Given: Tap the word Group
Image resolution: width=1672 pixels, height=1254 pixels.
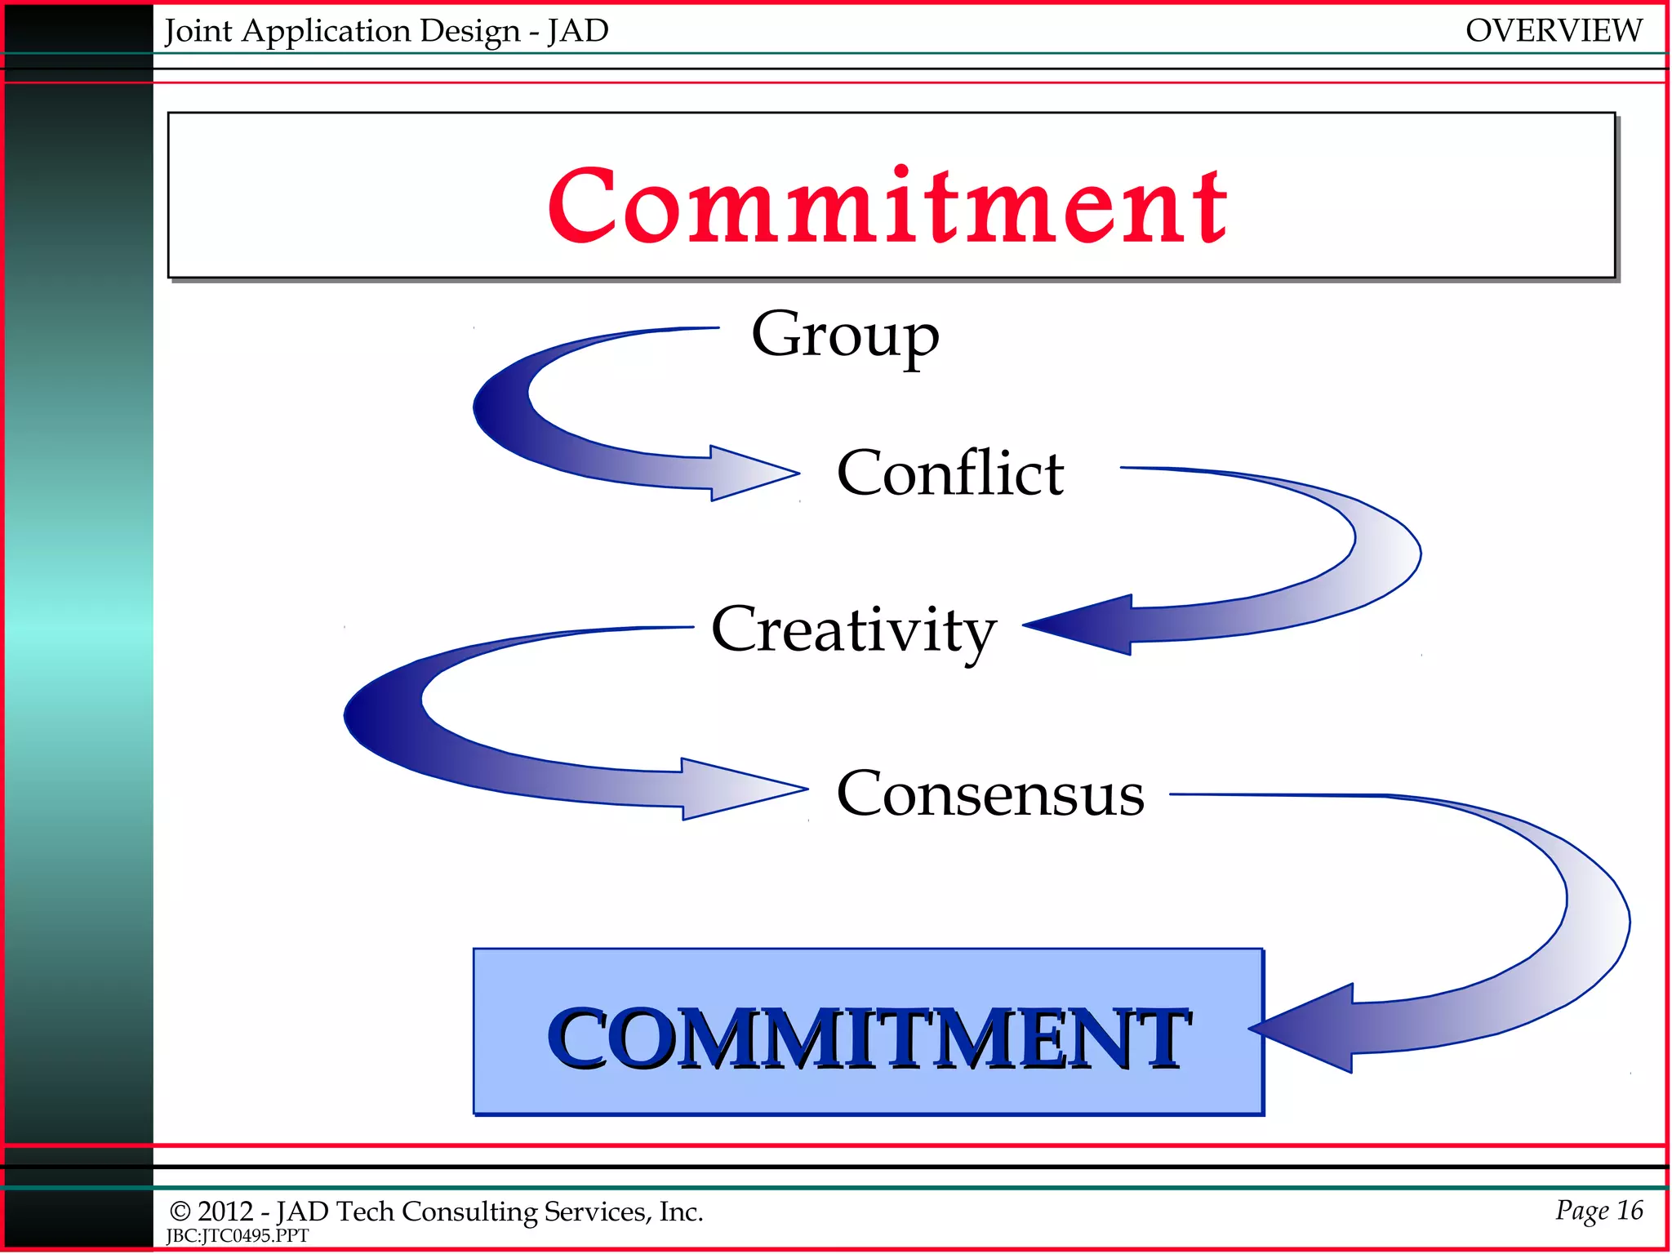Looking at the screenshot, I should (845, 334).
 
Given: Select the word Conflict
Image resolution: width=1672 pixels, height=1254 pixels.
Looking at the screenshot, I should (950, 473).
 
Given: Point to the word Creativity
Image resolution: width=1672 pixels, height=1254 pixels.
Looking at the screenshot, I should (853, 629).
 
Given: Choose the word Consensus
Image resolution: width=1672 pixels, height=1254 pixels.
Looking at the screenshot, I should (990, 794).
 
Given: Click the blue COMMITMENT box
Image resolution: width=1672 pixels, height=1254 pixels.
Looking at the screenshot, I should (868, 1033).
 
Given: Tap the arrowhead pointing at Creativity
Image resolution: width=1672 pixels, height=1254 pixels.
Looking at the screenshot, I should (1078, 625).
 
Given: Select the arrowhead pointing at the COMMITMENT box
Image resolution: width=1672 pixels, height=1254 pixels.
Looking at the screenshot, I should (1303, 1029).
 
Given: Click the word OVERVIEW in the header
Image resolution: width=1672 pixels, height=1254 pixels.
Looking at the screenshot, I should (1553, 31).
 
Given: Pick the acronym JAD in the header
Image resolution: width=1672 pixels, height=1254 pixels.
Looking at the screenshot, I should (578, 31).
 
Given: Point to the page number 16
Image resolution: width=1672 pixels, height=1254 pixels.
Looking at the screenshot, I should (1630, 1210).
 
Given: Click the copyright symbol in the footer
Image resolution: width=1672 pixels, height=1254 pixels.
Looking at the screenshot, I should (180, 1212).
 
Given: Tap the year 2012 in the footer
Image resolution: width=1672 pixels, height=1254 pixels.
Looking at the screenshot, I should (225, 1212).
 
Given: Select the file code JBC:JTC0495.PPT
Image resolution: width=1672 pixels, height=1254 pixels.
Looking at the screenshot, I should (238, 1236).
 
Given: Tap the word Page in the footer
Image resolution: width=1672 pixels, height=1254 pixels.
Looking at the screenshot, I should (1581, 1211).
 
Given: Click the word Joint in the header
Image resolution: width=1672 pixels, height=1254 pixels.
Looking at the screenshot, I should (198, 32).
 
